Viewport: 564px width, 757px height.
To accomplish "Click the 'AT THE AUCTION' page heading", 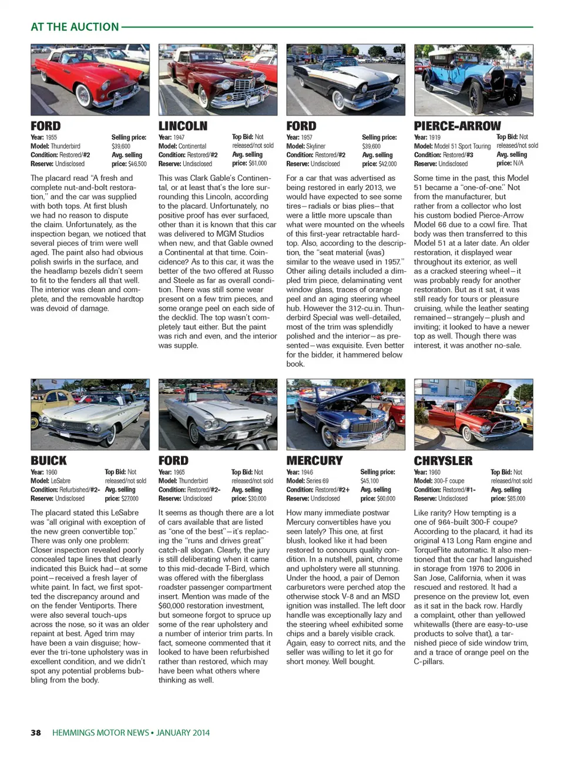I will (x=75, y=27).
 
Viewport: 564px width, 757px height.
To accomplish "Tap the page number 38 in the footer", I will (x=36, y=732).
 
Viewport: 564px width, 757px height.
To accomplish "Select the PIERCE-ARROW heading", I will (x=457, y=126).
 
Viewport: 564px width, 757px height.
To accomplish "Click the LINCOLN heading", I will (x=183, y=126).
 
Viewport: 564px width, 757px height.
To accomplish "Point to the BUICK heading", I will (x=49, y=461).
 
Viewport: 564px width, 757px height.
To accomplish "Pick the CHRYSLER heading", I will (x=443, y=461).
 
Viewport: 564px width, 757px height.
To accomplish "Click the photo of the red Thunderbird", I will (x=90, y=80).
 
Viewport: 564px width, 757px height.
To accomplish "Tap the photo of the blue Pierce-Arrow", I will (x=474, y=80).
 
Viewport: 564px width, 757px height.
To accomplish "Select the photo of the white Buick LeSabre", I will (x=90, y=414).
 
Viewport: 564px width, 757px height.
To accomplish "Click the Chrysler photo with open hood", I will (x=474, y=414).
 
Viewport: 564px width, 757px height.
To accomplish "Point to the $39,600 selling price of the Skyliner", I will (x=371, y=146).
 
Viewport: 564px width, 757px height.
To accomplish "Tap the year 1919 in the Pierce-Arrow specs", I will (x=435, y=137).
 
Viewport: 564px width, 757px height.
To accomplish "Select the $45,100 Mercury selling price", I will (x=370, y=481).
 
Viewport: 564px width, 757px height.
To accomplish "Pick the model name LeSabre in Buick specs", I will (x=61, y=481).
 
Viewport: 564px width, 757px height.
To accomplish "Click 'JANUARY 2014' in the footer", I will (x=183, y=732).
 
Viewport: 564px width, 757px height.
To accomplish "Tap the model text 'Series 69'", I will (x=317, y=481).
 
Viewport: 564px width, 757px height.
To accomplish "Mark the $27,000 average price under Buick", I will (x=130, y=499).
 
